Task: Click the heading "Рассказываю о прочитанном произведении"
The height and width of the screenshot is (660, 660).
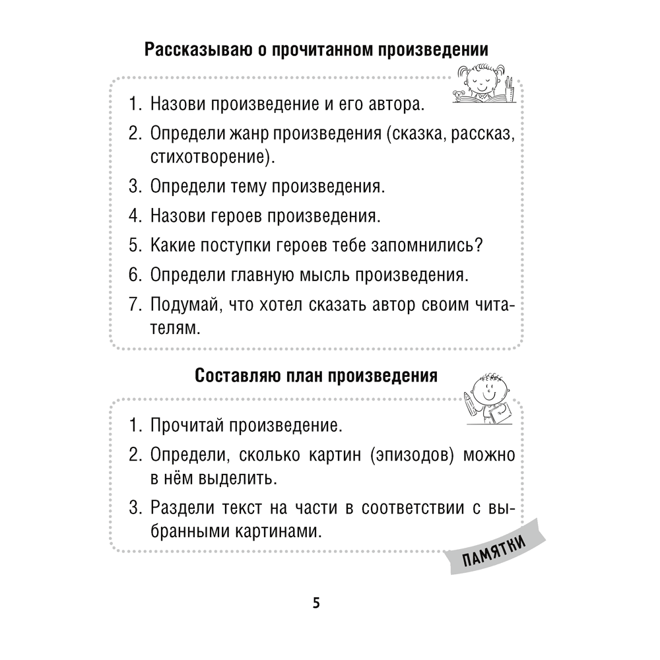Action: pos(317,50)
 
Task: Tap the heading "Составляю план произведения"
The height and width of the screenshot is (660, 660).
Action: pos(317,376)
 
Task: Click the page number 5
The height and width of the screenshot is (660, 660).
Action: pos(316,603)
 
